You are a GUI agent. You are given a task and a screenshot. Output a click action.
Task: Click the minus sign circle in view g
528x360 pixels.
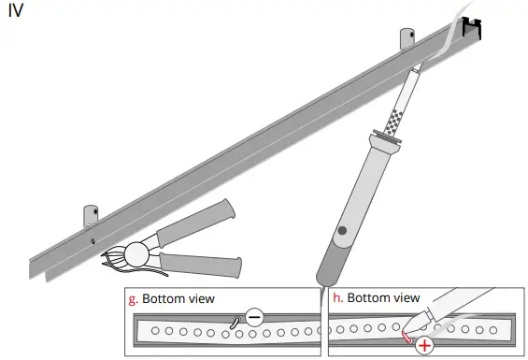[x=253, y=316]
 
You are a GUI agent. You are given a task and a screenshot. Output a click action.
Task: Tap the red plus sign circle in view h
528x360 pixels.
[x=425, y=345]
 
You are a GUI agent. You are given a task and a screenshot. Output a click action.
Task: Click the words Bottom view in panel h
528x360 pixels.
[x=383, y=299]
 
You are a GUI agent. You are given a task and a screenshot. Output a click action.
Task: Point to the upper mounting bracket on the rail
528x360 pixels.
[x=408, y=39]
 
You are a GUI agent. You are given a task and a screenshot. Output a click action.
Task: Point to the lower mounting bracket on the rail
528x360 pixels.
[x=91, y=214]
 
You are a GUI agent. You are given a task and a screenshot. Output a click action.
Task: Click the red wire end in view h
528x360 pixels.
[x=407, y=336]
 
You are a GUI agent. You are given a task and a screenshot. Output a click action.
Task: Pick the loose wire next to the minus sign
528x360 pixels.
[x=235, y=322]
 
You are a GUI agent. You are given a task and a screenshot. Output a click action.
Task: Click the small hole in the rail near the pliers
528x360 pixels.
[x=93, y=240]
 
